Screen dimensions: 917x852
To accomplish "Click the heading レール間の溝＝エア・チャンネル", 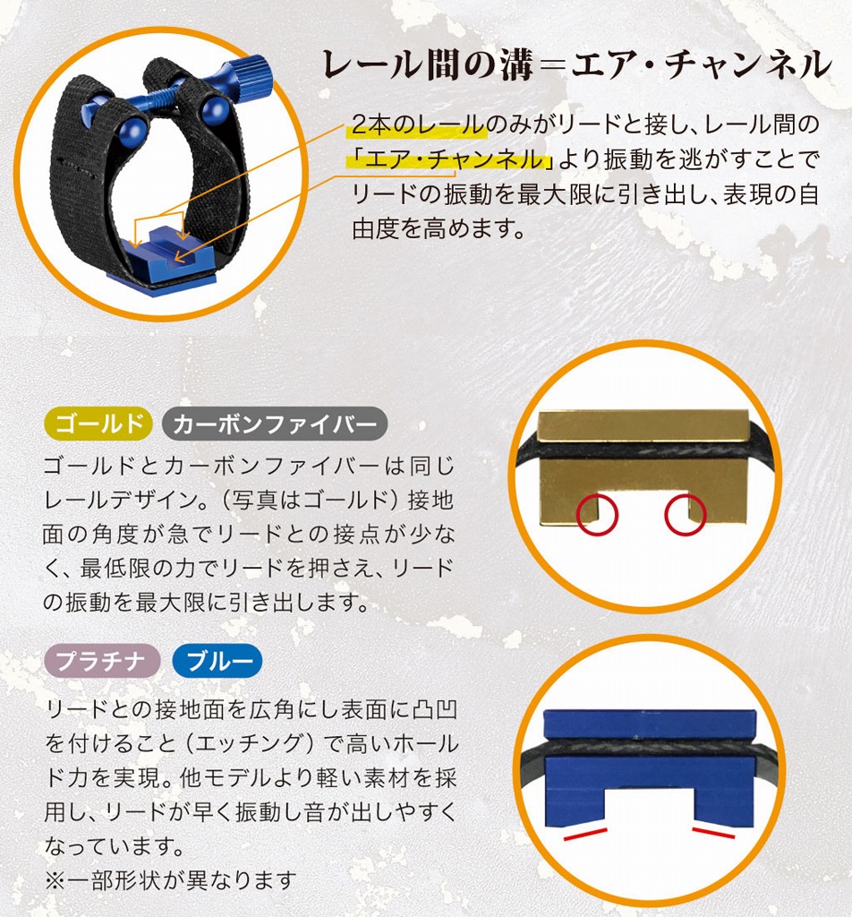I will click(577, 64).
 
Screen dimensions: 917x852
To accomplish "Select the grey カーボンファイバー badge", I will click(275, 423).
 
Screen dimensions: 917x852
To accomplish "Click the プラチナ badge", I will click(102, 661).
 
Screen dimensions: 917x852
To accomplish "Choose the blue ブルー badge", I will click(217, 661).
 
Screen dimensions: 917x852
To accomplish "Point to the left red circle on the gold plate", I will click(597, 513).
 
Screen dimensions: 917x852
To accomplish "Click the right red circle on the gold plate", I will click(686, 513).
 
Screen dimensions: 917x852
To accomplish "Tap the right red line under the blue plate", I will click(713, 833).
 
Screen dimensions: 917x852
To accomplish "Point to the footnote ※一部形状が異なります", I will click(170, 880).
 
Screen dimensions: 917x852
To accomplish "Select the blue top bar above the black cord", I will click(650, 724).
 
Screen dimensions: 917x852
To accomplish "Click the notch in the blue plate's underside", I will click(650, 807).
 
